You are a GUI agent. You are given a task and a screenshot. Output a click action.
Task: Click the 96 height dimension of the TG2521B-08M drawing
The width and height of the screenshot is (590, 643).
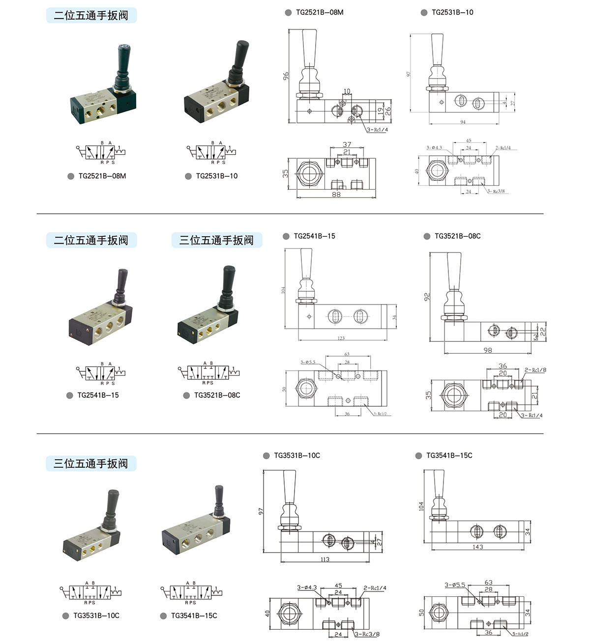point(286,76)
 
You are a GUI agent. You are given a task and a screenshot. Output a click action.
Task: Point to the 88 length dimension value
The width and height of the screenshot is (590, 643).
point(336,195)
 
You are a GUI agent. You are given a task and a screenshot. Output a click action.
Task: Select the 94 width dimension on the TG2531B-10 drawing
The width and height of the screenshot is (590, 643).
point(463,122)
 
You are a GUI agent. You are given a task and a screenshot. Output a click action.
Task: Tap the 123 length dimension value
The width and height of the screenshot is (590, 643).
point(341,338)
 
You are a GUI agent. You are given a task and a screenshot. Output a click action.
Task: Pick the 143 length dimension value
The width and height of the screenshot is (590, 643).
point(477,547)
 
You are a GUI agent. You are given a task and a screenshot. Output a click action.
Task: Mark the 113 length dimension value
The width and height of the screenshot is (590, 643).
point(324,559)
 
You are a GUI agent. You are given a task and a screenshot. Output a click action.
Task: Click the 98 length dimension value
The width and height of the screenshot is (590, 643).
point(487,350)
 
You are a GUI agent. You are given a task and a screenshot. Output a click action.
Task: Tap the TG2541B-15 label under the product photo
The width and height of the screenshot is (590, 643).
point(98,395)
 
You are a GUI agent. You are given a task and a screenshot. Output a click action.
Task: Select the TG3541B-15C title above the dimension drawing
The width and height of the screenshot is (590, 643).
point(449,455)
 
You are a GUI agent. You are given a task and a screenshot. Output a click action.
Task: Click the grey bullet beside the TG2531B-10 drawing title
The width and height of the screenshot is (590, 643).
point(424,13)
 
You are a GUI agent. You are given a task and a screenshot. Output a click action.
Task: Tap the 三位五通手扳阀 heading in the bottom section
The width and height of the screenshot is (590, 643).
point(91,463)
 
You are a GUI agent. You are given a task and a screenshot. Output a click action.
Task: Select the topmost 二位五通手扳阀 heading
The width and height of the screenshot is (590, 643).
point(91,15)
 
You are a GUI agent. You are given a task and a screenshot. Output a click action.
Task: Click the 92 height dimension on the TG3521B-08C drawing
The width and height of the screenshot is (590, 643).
point(427,297)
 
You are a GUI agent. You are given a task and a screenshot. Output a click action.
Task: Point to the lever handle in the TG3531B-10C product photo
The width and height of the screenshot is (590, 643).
point(112,506)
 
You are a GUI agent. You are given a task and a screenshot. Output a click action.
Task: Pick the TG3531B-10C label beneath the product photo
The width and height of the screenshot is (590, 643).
point(96,615)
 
